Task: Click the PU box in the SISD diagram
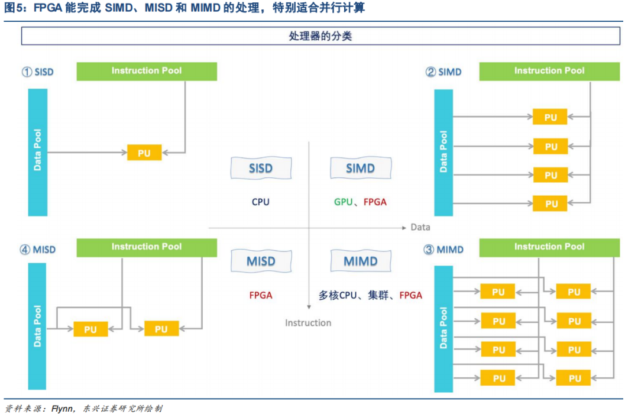144,153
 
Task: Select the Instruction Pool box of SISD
147,71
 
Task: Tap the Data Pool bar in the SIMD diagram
443,152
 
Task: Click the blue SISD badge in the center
260,169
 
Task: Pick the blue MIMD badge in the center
361,261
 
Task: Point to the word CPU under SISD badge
260,202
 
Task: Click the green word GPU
343,202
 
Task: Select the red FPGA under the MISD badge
261,295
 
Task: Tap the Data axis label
420,227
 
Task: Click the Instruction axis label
308,323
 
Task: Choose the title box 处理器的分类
320,36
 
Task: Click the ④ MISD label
37,250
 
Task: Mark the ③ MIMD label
443,250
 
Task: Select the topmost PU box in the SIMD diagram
550,117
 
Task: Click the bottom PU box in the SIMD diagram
550,204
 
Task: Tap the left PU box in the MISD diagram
90,329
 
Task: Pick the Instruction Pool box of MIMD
549,247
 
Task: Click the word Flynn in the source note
62,408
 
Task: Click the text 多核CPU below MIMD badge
339,295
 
